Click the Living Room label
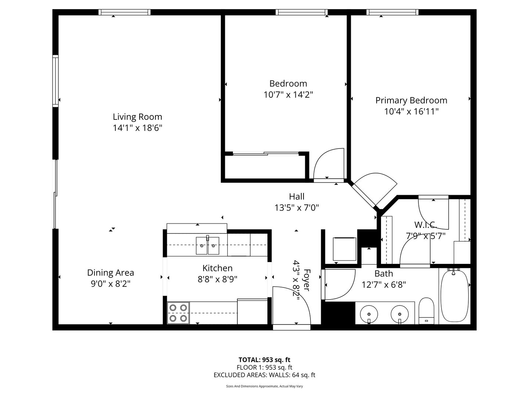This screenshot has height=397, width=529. pos(137,117)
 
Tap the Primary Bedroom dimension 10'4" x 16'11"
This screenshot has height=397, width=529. pos(411,112)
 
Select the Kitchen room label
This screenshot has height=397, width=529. pos(217,268)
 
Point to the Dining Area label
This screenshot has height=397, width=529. pos(111,273)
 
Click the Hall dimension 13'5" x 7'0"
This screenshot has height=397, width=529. pos(297,208)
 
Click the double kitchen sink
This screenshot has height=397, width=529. pos(208,246)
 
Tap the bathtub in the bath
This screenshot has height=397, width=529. pos(454,296)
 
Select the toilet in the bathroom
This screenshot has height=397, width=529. pos(427,311)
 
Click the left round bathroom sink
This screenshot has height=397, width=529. pos(369,314)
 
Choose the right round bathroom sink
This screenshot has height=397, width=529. pos(400,314)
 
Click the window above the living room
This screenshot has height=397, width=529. pos(125,12)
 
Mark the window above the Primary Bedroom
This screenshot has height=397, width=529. pos(392,12)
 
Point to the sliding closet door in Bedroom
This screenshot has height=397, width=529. pos(266,153)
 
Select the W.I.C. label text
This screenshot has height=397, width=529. pos(425,225)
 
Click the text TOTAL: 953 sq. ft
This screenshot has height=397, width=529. pos(264,360)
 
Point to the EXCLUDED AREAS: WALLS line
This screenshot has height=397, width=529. pos(264,375)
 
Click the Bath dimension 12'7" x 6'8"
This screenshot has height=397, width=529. pos(384,285)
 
